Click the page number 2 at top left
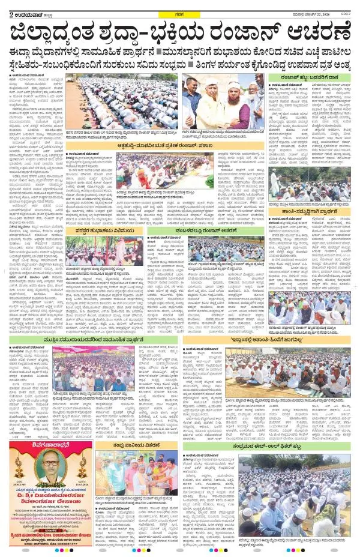(4, 7)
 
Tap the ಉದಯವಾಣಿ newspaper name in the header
(26, 7)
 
